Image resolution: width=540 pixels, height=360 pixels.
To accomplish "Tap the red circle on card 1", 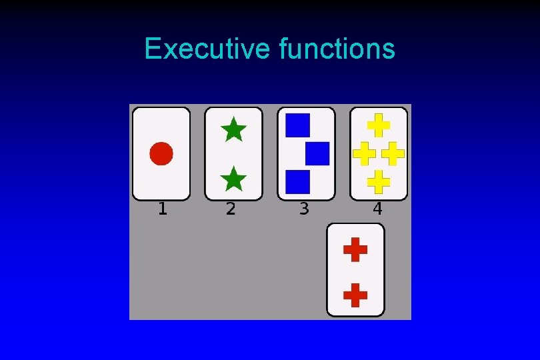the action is [161, 153].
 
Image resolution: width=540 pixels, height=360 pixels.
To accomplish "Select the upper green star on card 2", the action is [233, 129].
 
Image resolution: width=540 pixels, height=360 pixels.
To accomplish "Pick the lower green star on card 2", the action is [233, 179].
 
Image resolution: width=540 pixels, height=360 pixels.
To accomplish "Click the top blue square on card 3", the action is [297, 125].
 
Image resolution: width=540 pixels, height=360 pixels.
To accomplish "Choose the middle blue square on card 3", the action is [317, 153].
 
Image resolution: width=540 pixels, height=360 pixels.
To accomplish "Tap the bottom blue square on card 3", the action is [297, 181].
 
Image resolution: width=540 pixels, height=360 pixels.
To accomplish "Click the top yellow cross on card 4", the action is [379, 125].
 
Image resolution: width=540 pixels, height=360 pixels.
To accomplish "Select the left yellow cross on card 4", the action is [364, 153].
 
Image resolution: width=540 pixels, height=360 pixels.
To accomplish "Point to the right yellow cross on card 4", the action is [393, 153].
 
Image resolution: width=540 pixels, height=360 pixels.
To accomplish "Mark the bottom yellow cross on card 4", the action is [379, 181].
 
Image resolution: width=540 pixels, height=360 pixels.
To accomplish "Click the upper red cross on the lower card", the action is [355, 250].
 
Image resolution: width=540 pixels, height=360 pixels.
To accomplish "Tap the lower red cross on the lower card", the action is [355, 294].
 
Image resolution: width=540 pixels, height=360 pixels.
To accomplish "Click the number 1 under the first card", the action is [162, 209].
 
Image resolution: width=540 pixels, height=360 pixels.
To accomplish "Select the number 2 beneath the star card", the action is [231, 209].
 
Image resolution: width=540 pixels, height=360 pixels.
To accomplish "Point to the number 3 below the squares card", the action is [304, 209].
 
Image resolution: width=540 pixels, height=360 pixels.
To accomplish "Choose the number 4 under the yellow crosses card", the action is [377, 209].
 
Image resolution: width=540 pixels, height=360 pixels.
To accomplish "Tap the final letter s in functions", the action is [389, 50].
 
